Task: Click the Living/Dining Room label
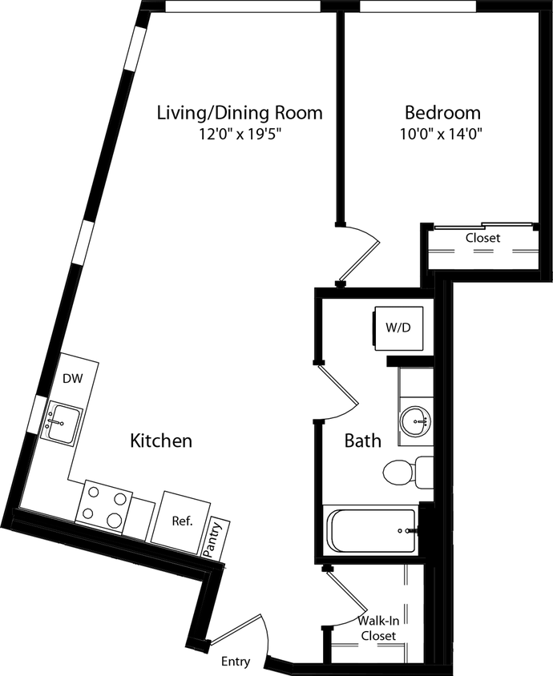[x=239, y=112]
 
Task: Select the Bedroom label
[x=442, y=112]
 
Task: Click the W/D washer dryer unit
[x=398, y=327]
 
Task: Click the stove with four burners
[x=103, y=506]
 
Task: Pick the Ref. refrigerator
[x=182, y=521]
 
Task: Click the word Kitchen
[x=161, y=441]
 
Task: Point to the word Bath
[x=362, y=441]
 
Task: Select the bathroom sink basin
[x=415, y=420]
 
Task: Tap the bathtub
[x=370, y=530]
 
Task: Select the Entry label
[x=236, y=662]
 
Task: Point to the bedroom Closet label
[x=482, y=238]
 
